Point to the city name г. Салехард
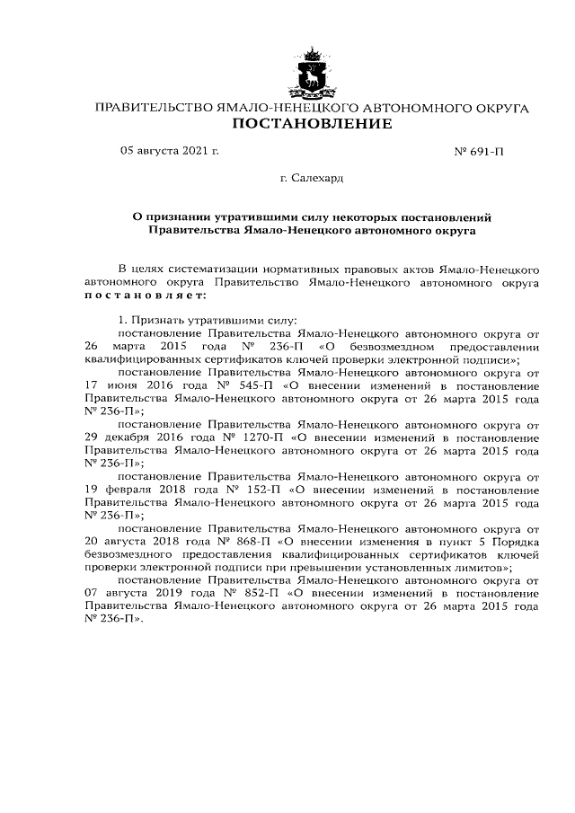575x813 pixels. coord(311,178)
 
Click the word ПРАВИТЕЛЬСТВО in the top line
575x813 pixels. coord(152,108)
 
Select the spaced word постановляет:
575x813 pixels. coord(146,294)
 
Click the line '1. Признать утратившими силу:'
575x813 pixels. coord(208,319)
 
